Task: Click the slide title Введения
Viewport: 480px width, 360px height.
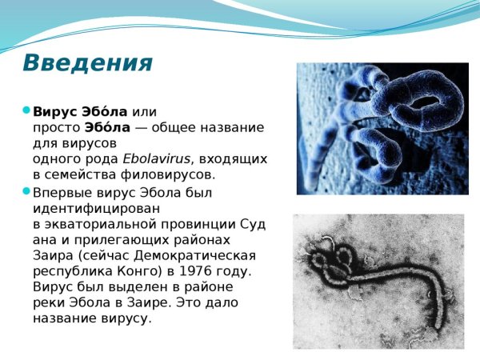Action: (86, 62)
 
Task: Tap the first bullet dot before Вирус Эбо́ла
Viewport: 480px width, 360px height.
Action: (26, 110)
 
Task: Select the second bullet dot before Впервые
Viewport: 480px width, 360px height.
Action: (26, 192)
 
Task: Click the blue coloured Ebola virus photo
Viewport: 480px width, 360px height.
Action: (382, 128)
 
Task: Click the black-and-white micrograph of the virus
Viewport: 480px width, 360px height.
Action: (378, 280)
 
